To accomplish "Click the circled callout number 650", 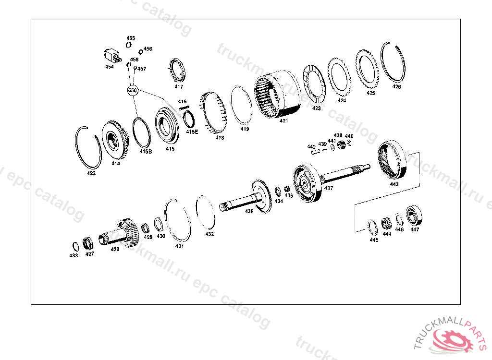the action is point(133,90).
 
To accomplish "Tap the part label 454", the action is point(110,67).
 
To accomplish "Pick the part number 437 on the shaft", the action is point(329,188).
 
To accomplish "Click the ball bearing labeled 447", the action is point(414,216).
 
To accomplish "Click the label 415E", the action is point(192,132).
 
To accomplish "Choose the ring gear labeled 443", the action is point(392,160).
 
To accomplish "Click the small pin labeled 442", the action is point(315,152).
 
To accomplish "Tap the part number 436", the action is point(249,211).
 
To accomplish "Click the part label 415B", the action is point(146,151).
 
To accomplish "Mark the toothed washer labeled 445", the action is point(373,228).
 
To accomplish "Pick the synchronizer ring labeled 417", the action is point(177,70).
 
